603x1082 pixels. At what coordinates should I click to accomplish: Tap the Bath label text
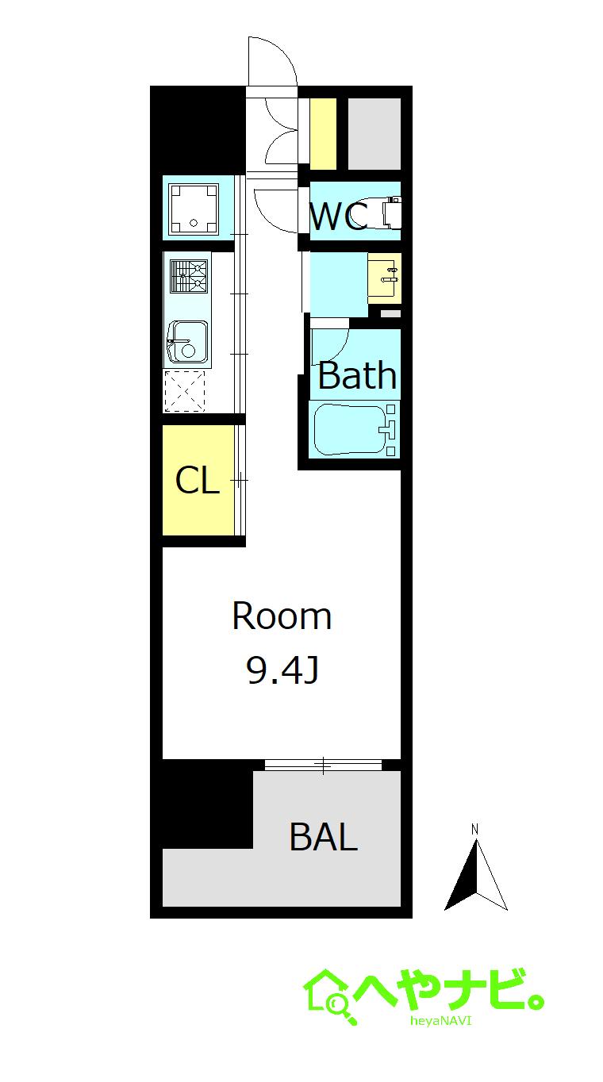357,375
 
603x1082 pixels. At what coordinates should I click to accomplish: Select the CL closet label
197,480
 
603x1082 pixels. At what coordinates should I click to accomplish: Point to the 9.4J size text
282,670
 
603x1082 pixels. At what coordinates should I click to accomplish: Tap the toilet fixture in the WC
390,212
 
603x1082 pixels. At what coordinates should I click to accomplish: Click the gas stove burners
189,276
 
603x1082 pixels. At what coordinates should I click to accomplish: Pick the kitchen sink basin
189,342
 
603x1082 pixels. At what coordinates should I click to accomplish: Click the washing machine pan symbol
194,209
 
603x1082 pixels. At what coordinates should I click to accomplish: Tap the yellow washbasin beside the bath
384,278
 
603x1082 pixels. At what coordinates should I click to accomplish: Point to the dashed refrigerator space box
185,391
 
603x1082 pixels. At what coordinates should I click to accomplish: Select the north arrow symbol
476,875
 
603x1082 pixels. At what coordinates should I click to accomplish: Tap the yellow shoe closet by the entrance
323,134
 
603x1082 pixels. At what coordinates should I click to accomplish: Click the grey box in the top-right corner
374,134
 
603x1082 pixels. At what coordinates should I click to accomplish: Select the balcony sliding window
323,765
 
